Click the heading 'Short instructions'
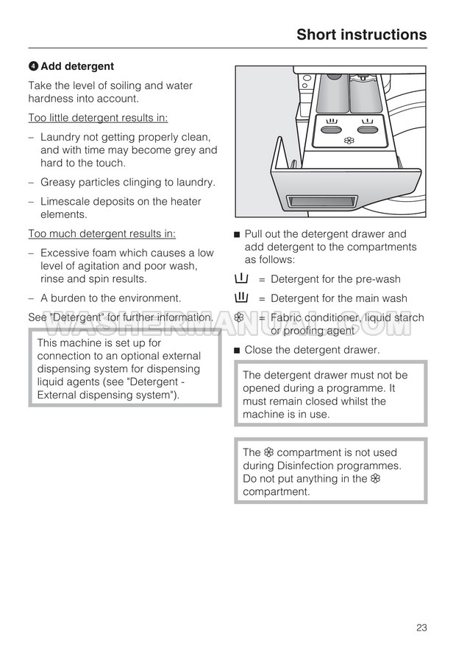coord(361,35)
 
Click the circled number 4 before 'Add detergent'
coord(33,66)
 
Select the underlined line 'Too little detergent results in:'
coord(98,118)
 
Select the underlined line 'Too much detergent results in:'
coord(101,234)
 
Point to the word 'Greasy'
coord(58,182)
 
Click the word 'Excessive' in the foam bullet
coord(65,253)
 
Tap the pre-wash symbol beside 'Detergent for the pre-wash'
coord(241,279)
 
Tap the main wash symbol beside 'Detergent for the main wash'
coord(241,298)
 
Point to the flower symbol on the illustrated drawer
coord(349,140)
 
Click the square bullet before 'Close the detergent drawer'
coord(237,351)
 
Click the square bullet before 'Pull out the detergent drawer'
coord(237,235)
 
